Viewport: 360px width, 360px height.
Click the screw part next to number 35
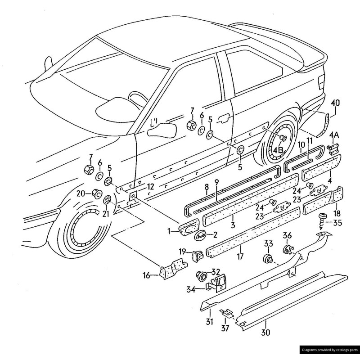(x=323, y=220)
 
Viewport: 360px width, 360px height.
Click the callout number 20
(x=81, y=193)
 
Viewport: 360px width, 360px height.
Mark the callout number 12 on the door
(x=150, y=186)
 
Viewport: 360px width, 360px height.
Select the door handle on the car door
(x=224, y=118)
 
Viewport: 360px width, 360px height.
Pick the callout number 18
(x=337, y=213)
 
